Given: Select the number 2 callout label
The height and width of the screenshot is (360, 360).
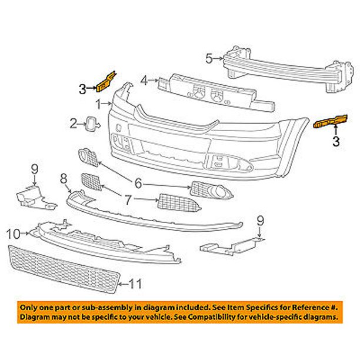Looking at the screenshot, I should click(x=74, y=124).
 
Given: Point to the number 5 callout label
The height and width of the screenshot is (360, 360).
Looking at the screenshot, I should click(x=208, y=58).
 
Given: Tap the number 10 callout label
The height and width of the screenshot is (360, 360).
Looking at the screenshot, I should click(x=13, y=234).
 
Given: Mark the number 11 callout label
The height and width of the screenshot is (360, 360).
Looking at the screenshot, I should click(x=136, y=284).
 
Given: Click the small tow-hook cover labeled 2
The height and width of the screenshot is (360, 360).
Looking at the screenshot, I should click(x=91, y=124).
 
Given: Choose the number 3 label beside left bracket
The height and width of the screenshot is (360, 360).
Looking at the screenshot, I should click(x=82, y=89).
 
